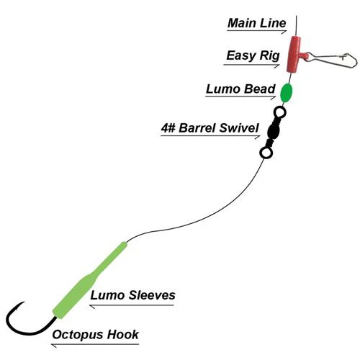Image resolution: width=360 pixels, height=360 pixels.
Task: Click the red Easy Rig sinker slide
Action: pyautogui.click(x=294, y=54)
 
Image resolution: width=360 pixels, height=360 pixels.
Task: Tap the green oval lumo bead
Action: pyautogui.click(x=287, y=93)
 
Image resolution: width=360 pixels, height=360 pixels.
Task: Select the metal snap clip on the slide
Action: pyautogui.click(x=333, y=60)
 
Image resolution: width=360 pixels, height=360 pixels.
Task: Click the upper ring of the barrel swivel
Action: pyautogui.click(x=280, y=112)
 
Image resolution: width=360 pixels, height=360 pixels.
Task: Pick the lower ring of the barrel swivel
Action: pyautogui.click(x=266, y=153)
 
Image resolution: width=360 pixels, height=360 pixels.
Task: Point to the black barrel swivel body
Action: pyautogui.click(x=273, y=132)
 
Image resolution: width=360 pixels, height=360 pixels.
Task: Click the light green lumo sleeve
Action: pyautogui.click(x=90, y=280)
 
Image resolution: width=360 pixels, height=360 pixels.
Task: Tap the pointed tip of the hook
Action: pyautogui.click(x=24, y=302)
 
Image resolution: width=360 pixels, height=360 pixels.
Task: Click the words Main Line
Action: pyautogui.click(x=256, y=23)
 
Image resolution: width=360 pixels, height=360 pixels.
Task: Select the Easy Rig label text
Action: pyautogui.click(x=253, y=55)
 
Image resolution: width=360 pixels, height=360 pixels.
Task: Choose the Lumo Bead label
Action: pyautogui.click(x=240, y=89)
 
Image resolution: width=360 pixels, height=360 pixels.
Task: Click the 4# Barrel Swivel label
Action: pyautogui.click(x=210, y=127)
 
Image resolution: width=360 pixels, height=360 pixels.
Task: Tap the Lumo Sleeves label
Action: pyautogui.click(x=132, y=295)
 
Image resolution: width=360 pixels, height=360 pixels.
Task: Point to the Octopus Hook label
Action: pyautogui.click(x=95, y=335)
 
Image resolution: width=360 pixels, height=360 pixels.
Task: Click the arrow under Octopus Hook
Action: pyautogui.click(x=95, y=345)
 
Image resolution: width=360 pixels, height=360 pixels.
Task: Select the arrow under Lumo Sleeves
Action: pyautogui.click(x=132, y=305)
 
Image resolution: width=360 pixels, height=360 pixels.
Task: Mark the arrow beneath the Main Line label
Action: pyautogui.click(x=257, y=31)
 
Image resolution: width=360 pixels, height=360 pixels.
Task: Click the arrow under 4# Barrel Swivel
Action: pyautogui.click(x=210, y=136)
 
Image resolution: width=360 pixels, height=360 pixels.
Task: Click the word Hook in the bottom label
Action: pyautogui.click(x=123, y=334)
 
